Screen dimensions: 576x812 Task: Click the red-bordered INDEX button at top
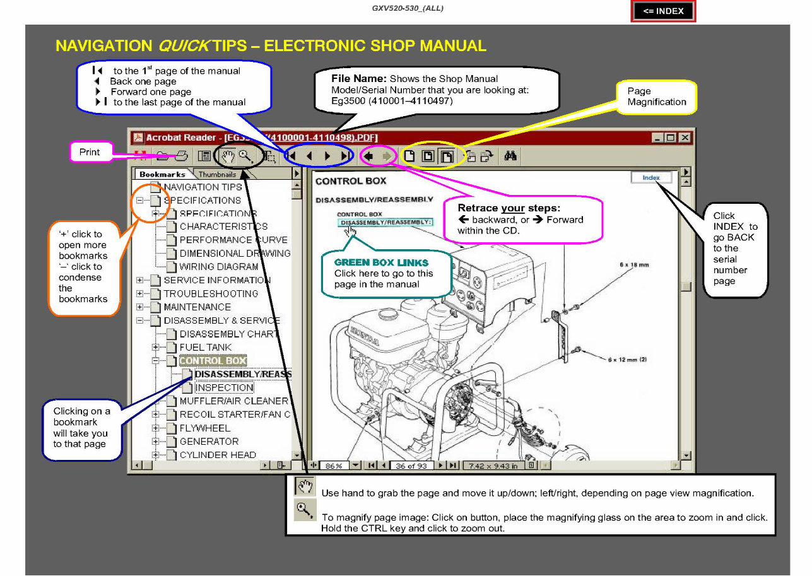tap(663, 11)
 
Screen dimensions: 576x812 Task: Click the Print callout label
tap(90, 152)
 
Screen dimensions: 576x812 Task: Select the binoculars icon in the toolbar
tap(511, 156)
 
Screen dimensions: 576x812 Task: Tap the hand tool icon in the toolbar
tap(228, 156)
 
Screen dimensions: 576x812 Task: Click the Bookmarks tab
tap(162, 174)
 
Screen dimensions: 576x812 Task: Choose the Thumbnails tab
tap(217, 174)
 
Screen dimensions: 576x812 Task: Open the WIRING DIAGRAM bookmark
tap(218, 267)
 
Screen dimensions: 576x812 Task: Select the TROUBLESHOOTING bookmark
tap(211, 294)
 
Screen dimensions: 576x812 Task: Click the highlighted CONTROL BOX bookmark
tap(213, 361)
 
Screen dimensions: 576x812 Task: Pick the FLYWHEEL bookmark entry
tap(205, 428)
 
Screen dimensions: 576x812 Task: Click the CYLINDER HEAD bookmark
tap(218, 455)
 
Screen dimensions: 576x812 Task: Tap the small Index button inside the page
tap(651, 178)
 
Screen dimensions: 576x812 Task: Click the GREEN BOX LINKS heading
tap(381, 262)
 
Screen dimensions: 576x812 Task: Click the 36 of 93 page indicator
tap(411, 466)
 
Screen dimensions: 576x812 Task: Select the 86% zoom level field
tap(334, 466)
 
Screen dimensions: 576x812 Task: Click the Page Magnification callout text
tap(657, 97)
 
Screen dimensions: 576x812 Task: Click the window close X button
tap(684, 138)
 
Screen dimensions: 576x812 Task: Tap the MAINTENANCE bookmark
tap(197, 307)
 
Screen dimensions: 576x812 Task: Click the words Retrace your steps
tap(509, 208)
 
